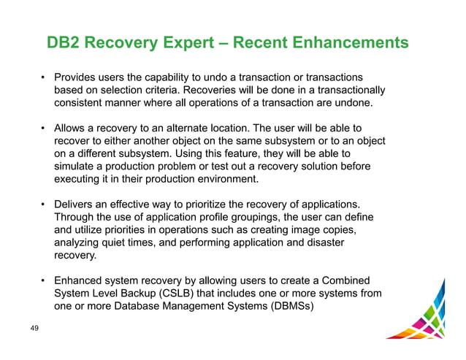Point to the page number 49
coord(34,331)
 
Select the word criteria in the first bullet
coord(164,91)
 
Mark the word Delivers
coord(76,204)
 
